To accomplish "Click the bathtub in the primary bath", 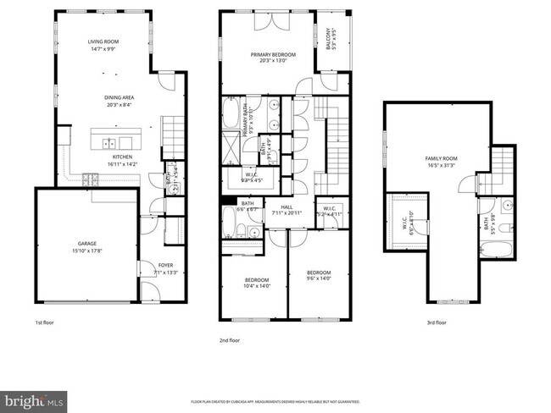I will [x=231, y=113].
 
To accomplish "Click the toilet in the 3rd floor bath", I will [x=504, y=229].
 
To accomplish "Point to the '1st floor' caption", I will [x=46, y=322].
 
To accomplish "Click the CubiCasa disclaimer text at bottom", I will [x=275, y=401].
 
